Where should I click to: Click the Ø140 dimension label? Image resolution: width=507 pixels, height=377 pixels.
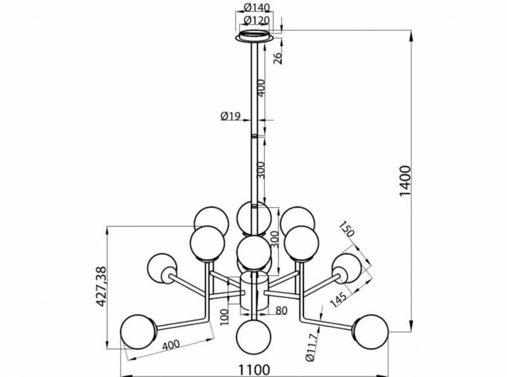257,7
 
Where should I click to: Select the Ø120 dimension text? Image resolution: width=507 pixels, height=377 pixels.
257,20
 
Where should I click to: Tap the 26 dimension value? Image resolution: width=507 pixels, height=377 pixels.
278,58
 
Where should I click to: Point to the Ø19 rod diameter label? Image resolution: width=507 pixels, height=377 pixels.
231,116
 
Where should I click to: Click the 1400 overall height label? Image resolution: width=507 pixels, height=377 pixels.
405,181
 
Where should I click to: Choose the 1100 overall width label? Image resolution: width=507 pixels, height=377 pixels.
254,369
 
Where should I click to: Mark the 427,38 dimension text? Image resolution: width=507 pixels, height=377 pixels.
101,286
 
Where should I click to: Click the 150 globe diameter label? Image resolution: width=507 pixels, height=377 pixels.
347,229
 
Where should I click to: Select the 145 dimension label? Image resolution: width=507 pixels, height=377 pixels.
338,299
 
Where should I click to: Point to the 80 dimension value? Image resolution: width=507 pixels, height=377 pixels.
281,310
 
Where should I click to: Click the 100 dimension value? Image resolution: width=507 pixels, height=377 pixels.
226,317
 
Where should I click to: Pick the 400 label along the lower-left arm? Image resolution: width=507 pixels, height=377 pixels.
170,345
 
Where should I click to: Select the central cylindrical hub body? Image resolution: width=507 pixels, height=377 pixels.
255,292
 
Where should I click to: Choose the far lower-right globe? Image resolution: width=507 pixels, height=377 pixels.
371,332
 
